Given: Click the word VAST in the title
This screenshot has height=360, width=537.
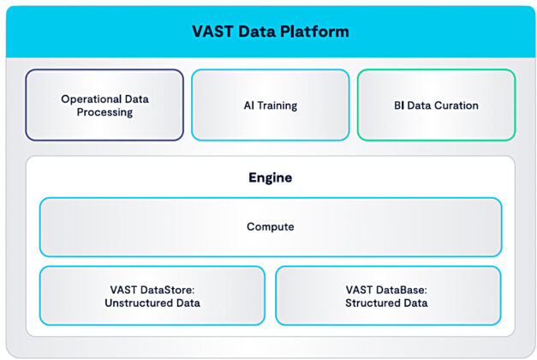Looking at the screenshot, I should (x=212, y=32).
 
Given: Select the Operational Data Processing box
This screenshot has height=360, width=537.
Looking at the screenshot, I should (x=104, y=105).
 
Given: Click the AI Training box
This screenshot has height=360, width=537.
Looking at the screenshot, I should (x=270, y=105).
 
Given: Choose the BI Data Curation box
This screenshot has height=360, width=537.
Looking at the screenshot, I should (x=436, y=105).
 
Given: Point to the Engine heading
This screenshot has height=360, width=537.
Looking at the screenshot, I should (x=270, y=178).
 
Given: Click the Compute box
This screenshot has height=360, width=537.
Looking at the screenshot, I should (x=270, y=227).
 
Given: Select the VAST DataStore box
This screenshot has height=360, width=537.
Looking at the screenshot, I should (x=152, y=295).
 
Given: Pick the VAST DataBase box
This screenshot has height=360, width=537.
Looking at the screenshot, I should (x=387, y=295).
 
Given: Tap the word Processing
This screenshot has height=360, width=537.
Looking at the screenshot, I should (x=104, y=112).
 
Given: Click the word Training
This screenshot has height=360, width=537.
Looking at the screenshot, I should (x=277, y=105).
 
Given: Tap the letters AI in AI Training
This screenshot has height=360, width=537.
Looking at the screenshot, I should (x=248, y=105).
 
